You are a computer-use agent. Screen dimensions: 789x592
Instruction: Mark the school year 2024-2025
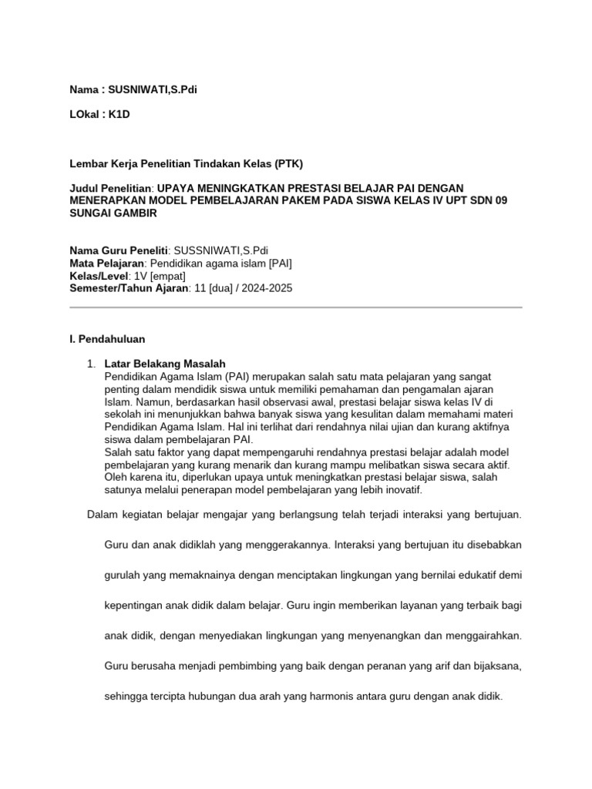(267, 287)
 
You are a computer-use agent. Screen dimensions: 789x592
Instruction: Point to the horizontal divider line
(296, 307)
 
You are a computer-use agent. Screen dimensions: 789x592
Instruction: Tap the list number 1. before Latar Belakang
(91, 363)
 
